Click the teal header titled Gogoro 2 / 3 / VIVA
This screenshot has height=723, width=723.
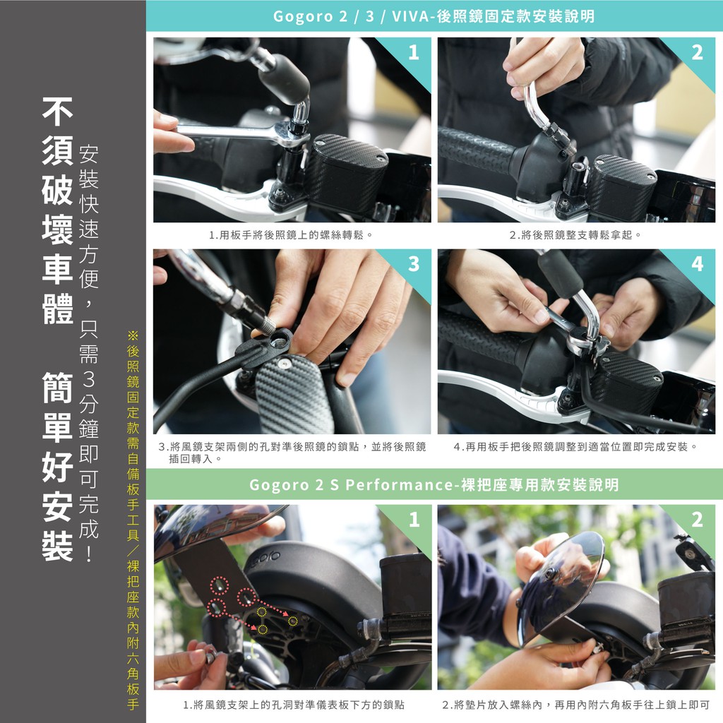[434, 16]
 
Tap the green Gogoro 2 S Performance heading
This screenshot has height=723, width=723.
[434, 484]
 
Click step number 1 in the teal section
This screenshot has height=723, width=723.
[414, 52]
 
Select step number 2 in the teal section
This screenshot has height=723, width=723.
[697, 52]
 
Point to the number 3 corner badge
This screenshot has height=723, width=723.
[414, 264]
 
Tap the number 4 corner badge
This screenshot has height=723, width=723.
[697, 264]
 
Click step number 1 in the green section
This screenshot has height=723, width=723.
[414, 519]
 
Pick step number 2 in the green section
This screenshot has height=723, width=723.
[697, 519]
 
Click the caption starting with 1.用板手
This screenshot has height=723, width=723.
[291, 235]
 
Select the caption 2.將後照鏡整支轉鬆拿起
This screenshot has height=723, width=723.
[575, 235]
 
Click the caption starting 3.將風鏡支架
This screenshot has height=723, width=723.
[292, 453]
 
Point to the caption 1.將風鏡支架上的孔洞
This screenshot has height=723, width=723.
[294, 705]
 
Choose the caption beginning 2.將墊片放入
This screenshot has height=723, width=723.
[575, 705]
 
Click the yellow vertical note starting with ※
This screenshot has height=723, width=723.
[133, 520]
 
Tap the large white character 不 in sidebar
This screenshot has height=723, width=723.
[58, 112]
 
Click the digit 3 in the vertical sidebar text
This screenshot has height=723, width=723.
[88, 379]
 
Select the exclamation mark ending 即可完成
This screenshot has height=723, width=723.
[88, 553]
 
